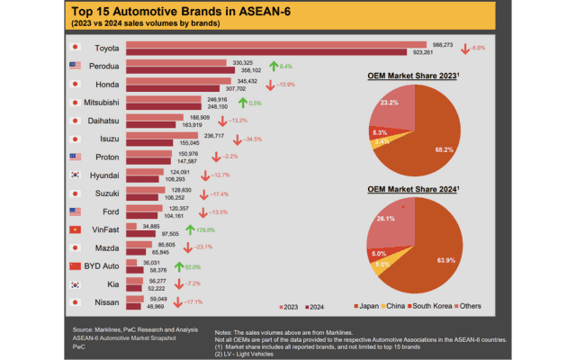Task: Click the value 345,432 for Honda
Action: [246, 81]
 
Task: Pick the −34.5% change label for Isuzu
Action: [256, 139]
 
